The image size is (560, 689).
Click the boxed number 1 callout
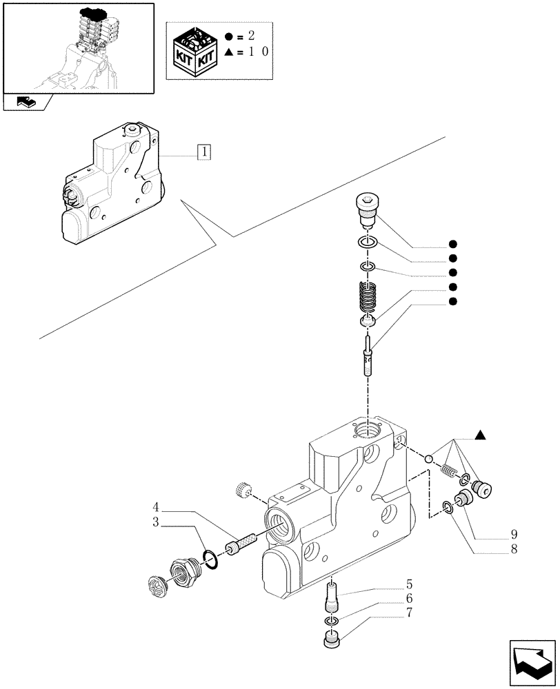click(204, 152)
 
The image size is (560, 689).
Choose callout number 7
click(410, 613)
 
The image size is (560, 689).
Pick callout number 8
click(514, 550)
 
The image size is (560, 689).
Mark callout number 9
click(514, 535)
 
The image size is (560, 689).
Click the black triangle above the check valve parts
click(480, 435)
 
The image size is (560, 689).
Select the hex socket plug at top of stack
click(366, 207)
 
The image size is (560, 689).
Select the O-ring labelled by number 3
click(212, 559)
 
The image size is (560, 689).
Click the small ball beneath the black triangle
click(428, 459)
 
